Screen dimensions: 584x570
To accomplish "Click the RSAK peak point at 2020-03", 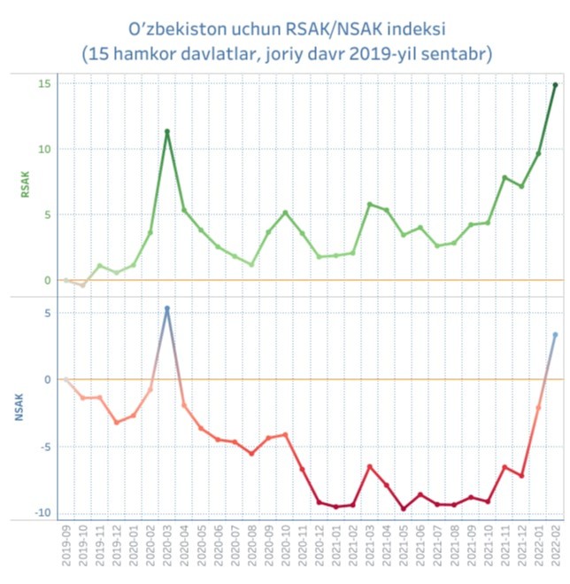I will pyautogui.click(x=167, y=132).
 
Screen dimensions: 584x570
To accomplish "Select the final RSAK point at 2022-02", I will pyautogui.click(x=555, y=85).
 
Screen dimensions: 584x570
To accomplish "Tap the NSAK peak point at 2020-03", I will pyautogui.click(x=167, y=308).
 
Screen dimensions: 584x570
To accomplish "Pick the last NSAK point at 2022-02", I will pyautogui.click(x=555, y=335).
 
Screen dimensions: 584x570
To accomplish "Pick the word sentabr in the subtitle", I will pyautogui.click(x=454, y=54).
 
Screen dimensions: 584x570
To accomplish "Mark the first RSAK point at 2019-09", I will pyautogui.click(x=66, y=280).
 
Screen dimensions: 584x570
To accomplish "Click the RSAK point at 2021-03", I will pyautogui.click(x=370, y=205).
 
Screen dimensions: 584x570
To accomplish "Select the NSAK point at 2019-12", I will pyautogui.click(x=117, y=422).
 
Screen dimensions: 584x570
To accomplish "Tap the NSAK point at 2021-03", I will pyautogui.click(x=370, y=467).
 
